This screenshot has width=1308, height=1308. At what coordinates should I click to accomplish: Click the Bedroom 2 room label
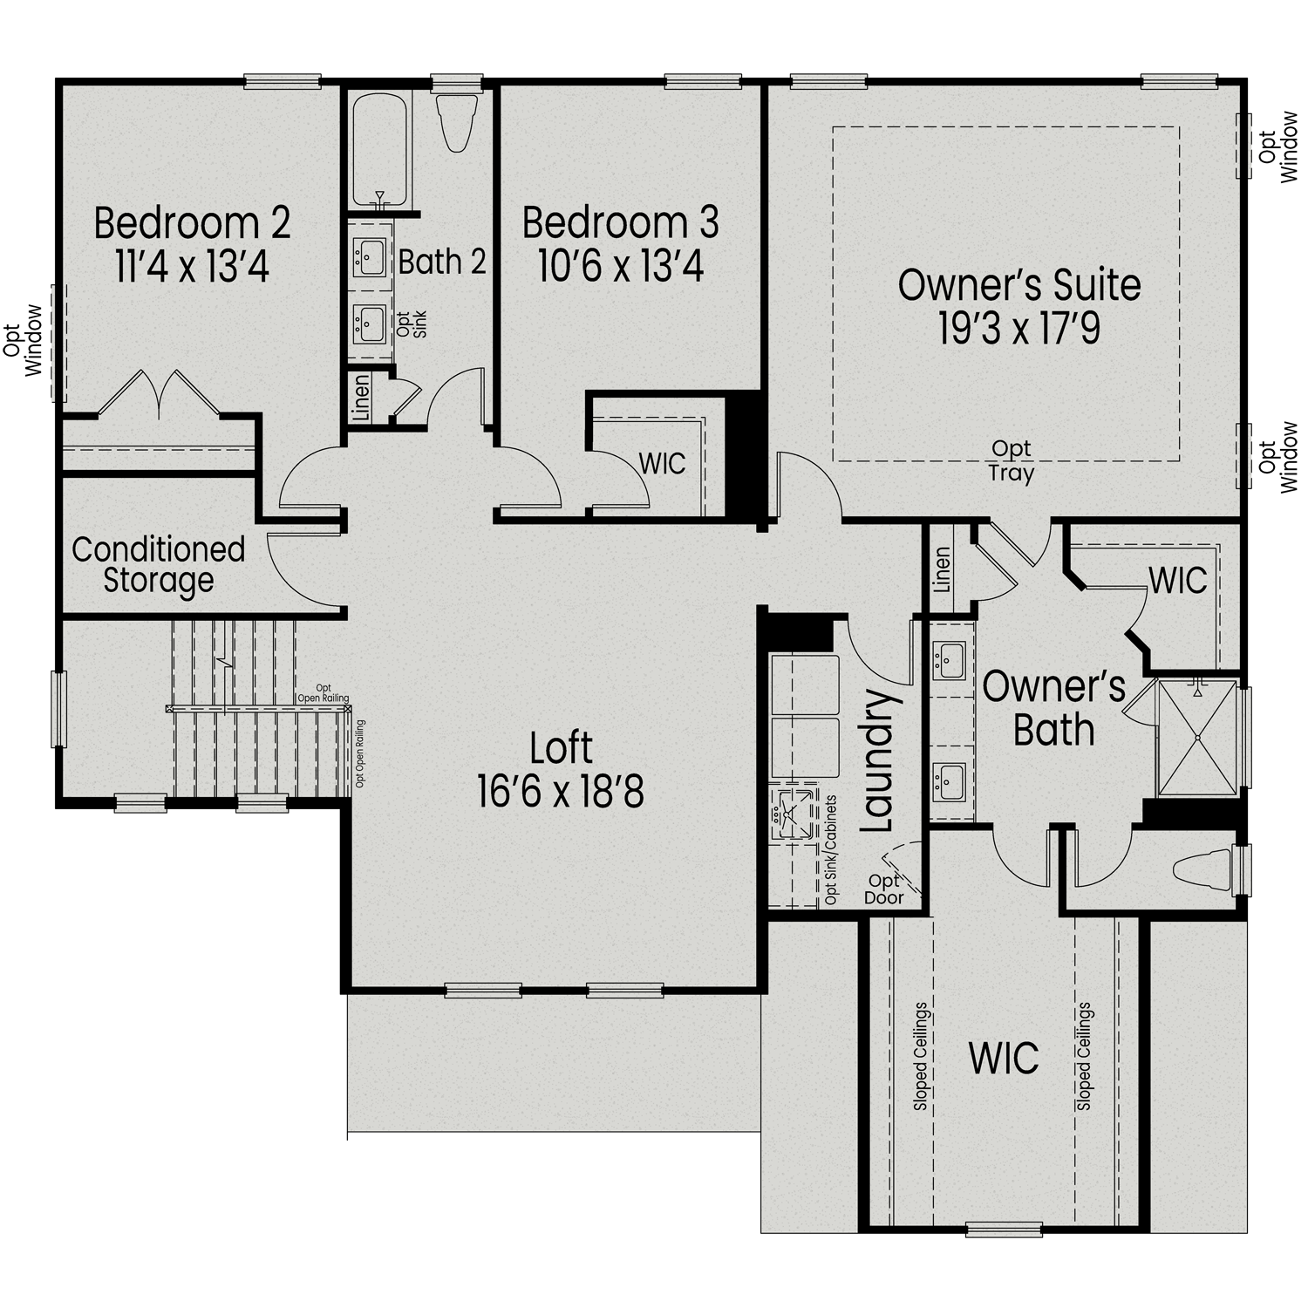pos(192,223)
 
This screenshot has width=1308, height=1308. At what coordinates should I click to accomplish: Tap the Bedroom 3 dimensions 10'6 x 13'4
pos(620,267)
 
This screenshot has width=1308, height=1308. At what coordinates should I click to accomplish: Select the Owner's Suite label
pos(1018,286)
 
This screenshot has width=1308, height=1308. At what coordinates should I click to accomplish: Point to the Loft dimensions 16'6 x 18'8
pos(560,793)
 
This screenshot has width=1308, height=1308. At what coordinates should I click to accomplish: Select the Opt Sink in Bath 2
pos(370,324)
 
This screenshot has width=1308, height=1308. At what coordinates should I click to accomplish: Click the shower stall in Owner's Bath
pos(1197,738)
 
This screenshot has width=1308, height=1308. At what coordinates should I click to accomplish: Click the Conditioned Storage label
pos(158,564)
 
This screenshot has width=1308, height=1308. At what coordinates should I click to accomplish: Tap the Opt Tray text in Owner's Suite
pos(1011,461)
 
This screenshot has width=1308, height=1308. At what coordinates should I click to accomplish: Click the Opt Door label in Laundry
pos(883,889)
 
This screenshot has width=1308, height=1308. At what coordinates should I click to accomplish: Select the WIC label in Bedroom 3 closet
pos(662,464)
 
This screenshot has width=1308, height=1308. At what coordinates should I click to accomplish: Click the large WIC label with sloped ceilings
pos(1004,1058)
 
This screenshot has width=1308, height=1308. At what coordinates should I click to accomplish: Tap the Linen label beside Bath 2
pos(360,399)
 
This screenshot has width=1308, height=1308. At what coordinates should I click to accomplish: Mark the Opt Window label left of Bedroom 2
pos(24,339)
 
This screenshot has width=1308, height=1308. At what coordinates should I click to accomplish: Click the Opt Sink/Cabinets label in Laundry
pos(830,849)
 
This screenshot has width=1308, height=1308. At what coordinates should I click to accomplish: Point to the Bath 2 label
pos(442,262)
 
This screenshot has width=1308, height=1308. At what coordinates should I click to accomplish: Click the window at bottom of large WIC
pos(1005,1230)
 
